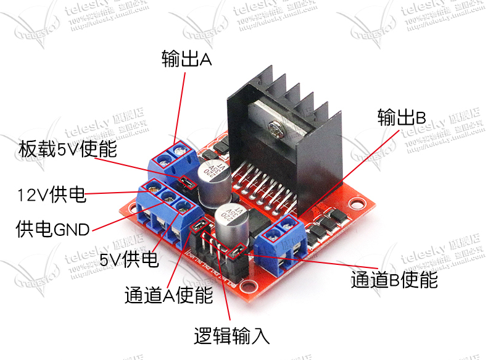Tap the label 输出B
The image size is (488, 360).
(x=402, y=117)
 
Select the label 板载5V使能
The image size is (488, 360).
(x=67, y=149)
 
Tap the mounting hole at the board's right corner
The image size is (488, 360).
(x=357, y=202)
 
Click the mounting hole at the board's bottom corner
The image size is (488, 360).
(x=248, y=286)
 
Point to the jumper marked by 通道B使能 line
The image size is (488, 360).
(x=236, y=251)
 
